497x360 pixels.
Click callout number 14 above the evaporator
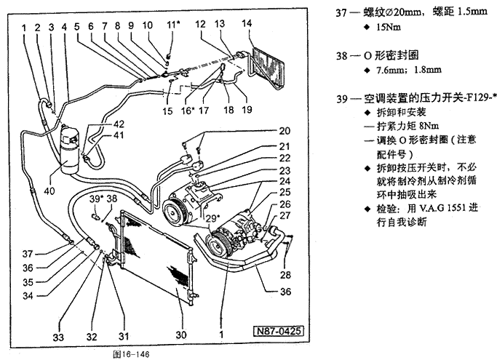[x=247, y=23]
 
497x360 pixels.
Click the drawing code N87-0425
[x=276, y=332]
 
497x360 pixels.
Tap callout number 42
[x=117, y=125]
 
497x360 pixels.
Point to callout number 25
[x=284, y=192]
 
